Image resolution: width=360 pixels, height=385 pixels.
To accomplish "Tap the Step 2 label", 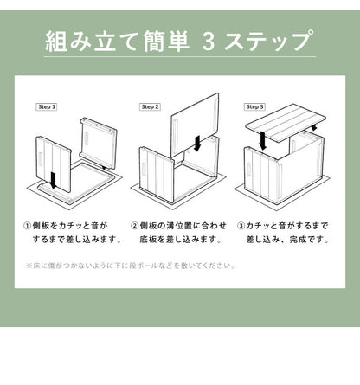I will click(x=150, y=106).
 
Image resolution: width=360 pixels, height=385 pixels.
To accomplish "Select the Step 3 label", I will click(x=254, y=106).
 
